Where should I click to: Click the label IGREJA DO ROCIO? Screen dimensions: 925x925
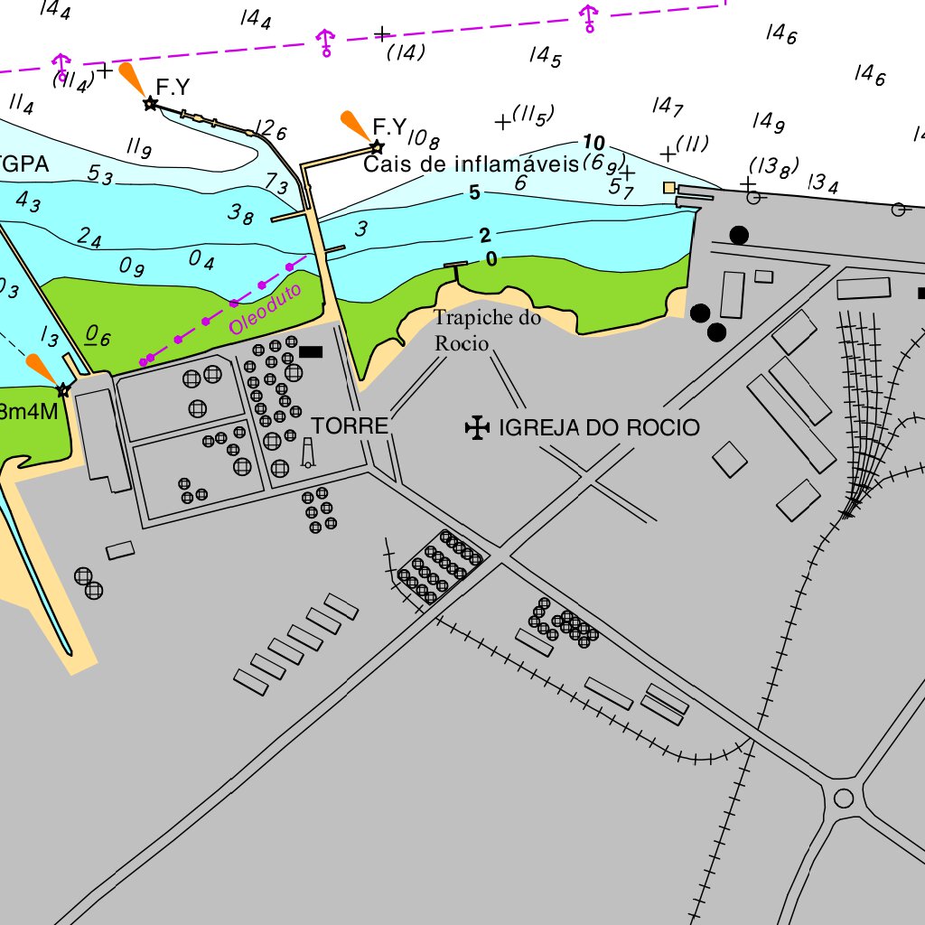coord(599,427)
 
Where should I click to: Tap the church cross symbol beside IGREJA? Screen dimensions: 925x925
coord(476,427)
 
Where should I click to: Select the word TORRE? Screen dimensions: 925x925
coord(350,426)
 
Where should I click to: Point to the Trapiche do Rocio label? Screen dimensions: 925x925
coord(487,331)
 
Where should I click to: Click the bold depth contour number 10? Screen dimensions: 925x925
coord(593,143)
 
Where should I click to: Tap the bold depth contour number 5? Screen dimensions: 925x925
coord(474,192)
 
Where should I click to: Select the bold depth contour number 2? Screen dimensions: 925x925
coord(485,237)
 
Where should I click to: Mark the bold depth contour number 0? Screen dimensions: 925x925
coord(491,260)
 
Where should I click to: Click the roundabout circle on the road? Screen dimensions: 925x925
coord(844,798)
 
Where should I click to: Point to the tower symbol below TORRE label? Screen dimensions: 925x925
coord(308,454)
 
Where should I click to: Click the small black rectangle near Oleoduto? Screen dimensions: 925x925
coord(311,351)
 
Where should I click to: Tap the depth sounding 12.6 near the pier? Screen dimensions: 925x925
coord(270,131)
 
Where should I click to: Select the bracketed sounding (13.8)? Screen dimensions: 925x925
coord(774,166)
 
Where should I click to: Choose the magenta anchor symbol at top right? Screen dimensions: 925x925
coord(589,17)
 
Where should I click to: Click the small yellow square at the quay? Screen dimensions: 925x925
coord(669,187)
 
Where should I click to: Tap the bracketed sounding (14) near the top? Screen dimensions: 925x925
coord(406,52)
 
